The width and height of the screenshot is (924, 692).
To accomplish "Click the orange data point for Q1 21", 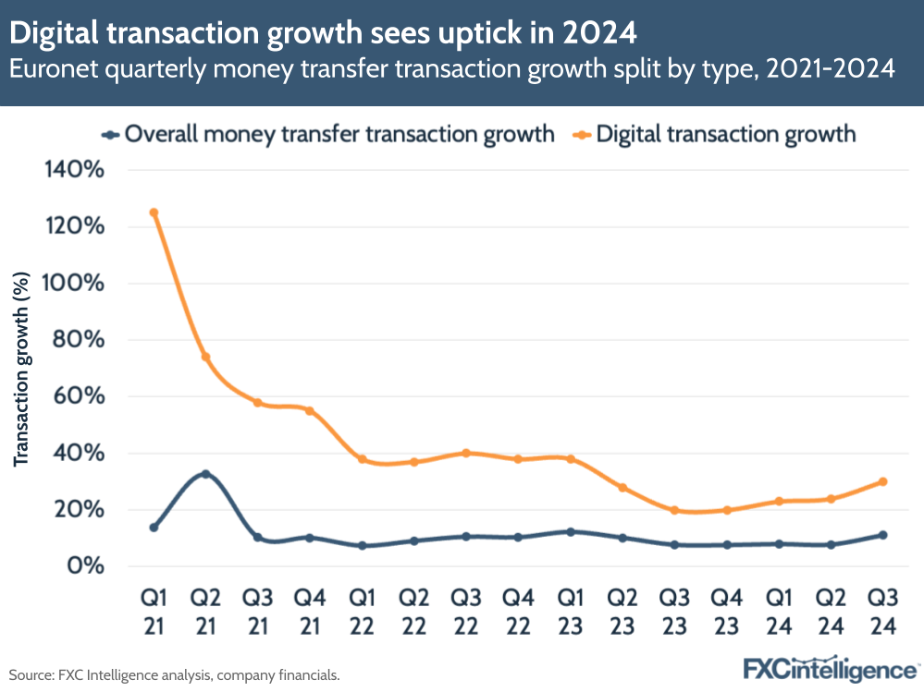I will pyautogui.click(x=154, y=212).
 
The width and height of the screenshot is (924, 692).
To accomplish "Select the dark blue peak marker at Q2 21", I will pyautogui.click(x=205, y=474).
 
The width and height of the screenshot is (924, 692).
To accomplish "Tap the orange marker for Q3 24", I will pyautogui.click(x=883, y=481).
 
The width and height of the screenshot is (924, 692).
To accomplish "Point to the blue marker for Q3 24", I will pyautogui.click(x=883, y=535).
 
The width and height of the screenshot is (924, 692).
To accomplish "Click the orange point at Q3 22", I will pyautogui.click(x=466, y=453).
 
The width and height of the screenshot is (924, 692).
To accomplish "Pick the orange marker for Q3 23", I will pyautogui.click(x=674, y=510).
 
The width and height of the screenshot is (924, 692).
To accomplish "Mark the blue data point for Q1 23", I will pyautogui.click(x=571, y=531).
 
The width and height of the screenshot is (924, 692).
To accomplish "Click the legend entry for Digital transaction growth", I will pyautogui.click(x=725, y=134).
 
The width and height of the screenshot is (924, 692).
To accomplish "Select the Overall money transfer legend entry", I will pyautogui.click(x=338, y=134).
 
